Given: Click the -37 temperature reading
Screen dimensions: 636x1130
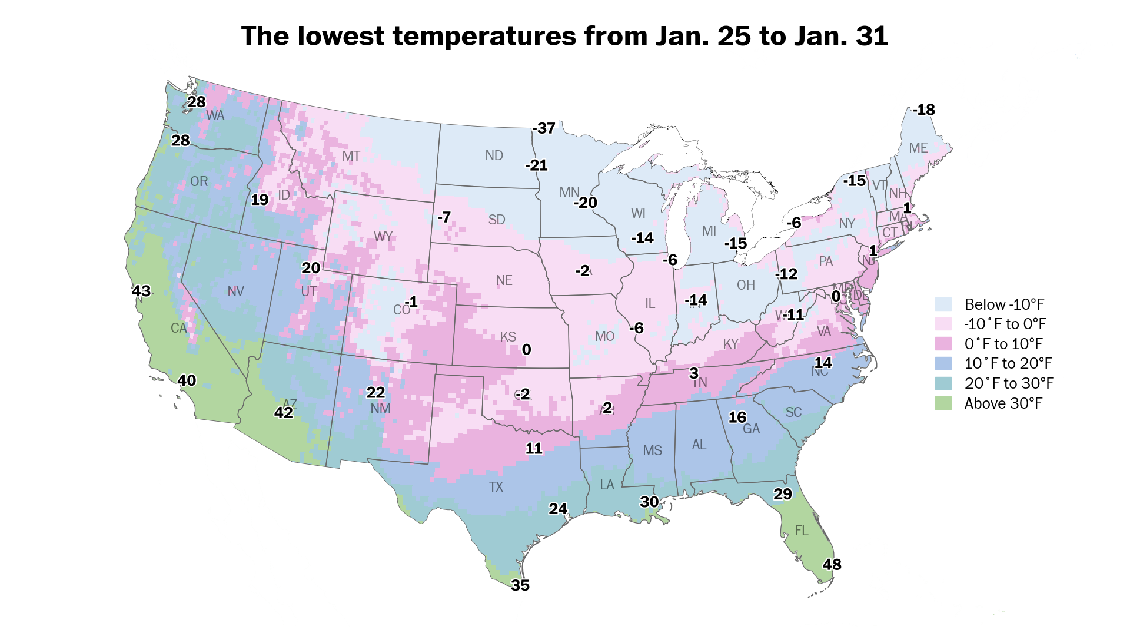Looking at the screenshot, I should [x=544, y=128].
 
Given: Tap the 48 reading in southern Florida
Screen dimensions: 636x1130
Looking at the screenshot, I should [x=832, y=564].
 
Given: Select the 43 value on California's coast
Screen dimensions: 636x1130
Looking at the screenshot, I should [x=141, y=291].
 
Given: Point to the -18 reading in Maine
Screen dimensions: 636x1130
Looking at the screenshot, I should [x=924, y=110].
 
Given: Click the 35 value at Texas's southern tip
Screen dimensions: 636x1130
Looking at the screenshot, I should [x=520, y=585].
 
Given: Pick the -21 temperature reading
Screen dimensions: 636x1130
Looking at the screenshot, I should [x=536, y=165].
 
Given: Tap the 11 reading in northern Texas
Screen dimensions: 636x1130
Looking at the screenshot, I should [x=534, y=448].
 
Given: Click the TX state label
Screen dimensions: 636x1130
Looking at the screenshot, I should [x=496, y=487].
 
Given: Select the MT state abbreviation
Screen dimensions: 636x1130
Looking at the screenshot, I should [x=351, y=156].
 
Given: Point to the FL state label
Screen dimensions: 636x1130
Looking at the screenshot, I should [x=802, y=531].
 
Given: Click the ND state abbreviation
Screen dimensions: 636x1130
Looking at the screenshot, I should [x=494, y=155].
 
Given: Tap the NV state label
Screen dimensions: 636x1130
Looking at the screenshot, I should [x=235, y=291].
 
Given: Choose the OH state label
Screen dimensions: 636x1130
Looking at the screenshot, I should [x=746, y=285].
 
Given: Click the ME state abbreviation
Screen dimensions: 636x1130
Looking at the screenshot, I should [x=918, y=148].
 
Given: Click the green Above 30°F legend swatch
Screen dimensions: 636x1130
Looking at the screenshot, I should [x=943, y=403].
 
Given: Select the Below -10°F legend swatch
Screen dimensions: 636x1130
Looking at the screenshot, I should [x=943, y=304].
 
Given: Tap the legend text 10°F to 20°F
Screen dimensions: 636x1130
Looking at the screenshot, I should [x=1008, y=363].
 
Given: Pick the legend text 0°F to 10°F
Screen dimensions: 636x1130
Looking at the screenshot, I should [x=1003, y=344].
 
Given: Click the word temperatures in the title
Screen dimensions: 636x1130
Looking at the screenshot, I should [x=484, y=36].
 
